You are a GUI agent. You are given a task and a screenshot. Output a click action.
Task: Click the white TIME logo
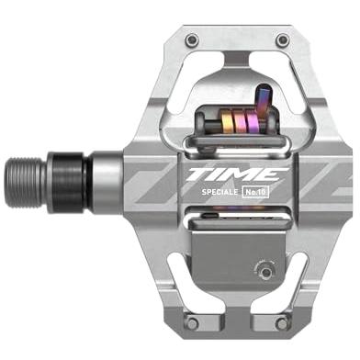(x=237, y=174)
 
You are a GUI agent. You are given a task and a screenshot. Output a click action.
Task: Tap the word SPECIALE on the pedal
(x=219, y=192)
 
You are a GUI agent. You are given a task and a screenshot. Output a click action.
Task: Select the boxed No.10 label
(x=255, y=192)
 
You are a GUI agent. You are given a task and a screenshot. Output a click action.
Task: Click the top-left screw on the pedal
(x=192, y=39)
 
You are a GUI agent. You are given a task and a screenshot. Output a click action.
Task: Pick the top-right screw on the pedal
(x=282, y=39)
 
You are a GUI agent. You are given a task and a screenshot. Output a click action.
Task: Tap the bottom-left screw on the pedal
(x=193, y=322)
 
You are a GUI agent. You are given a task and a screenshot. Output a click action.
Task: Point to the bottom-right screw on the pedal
(x=282, y=323)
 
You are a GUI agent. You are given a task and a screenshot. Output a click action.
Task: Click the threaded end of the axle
(x=25, y=183)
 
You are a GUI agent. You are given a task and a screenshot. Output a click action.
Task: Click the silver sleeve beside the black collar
(x=107, y=182)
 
